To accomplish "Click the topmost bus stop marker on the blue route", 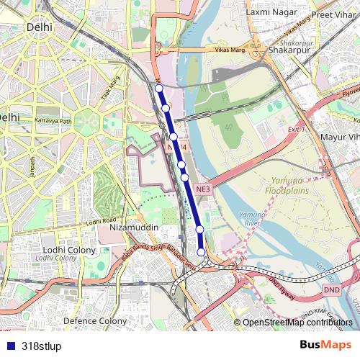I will (159, 89).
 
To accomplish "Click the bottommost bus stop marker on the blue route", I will (201, 252).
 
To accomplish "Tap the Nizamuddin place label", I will (133, 227).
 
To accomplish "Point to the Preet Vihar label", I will (332, 12).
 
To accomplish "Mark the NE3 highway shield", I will (203, 189).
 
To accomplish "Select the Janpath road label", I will (32, 165).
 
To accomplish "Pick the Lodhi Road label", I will (100, 221).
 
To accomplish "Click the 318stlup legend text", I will (41, 346).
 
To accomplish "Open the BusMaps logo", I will (326, 346).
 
